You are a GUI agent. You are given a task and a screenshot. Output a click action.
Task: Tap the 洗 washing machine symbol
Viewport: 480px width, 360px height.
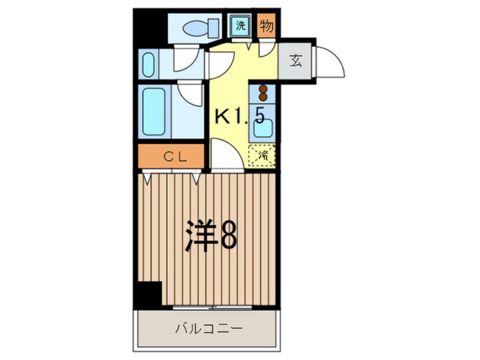point(241,26)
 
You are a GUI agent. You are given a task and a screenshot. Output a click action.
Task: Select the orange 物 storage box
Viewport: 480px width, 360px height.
point(265,26)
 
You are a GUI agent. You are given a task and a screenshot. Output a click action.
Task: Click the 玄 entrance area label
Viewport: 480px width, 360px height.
point(296,61)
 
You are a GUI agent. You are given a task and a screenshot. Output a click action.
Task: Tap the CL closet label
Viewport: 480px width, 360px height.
point(170,157)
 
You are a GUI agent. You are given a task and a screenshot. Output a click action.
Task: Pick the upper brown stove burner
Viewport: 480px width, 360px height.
point(263,89)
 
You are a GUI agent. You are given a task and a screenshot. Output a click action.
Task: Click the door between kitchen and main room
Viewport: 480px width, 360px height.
point(226,156)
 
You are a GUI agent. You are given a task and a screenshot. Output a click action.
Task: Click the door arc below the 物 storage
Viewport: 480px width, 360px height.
point(264,49)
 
